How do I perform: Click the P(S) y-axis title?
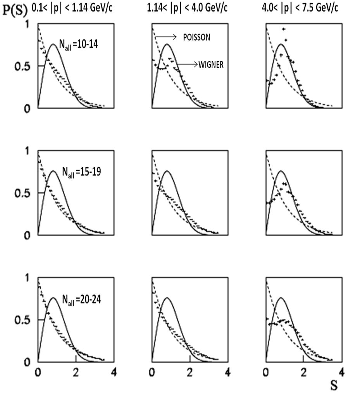tap(14, 10)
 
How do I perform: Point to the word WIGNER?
tap(211, 65)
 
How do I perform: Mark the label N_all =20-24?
tap(81, 299)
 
